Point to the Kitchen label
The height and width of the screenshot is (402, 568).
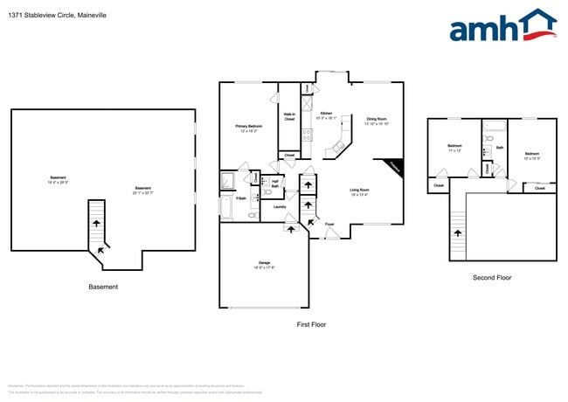[325, 114]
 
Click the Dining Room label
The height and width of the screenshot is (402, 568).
[377, 119]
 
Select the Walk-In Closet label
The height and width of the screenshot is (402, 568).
[289, 116]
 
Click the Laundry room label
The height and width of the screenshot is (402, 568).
[280, 207]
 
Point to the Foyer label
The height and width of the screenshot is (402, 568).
[329, 224]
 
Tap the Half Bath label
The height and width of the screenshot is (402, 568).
[274, 184]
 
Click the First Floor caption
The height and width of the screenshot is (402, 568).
[311, 324]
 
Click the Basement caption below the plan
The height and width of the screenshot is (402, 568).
[103, 287]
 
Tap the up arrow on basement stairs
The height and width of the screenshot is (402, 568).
[96, 224]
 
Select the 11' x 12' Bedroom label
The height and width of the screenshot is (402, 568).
[454, 147]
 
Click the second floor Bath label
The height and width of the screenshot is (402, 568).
[500, 148]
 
